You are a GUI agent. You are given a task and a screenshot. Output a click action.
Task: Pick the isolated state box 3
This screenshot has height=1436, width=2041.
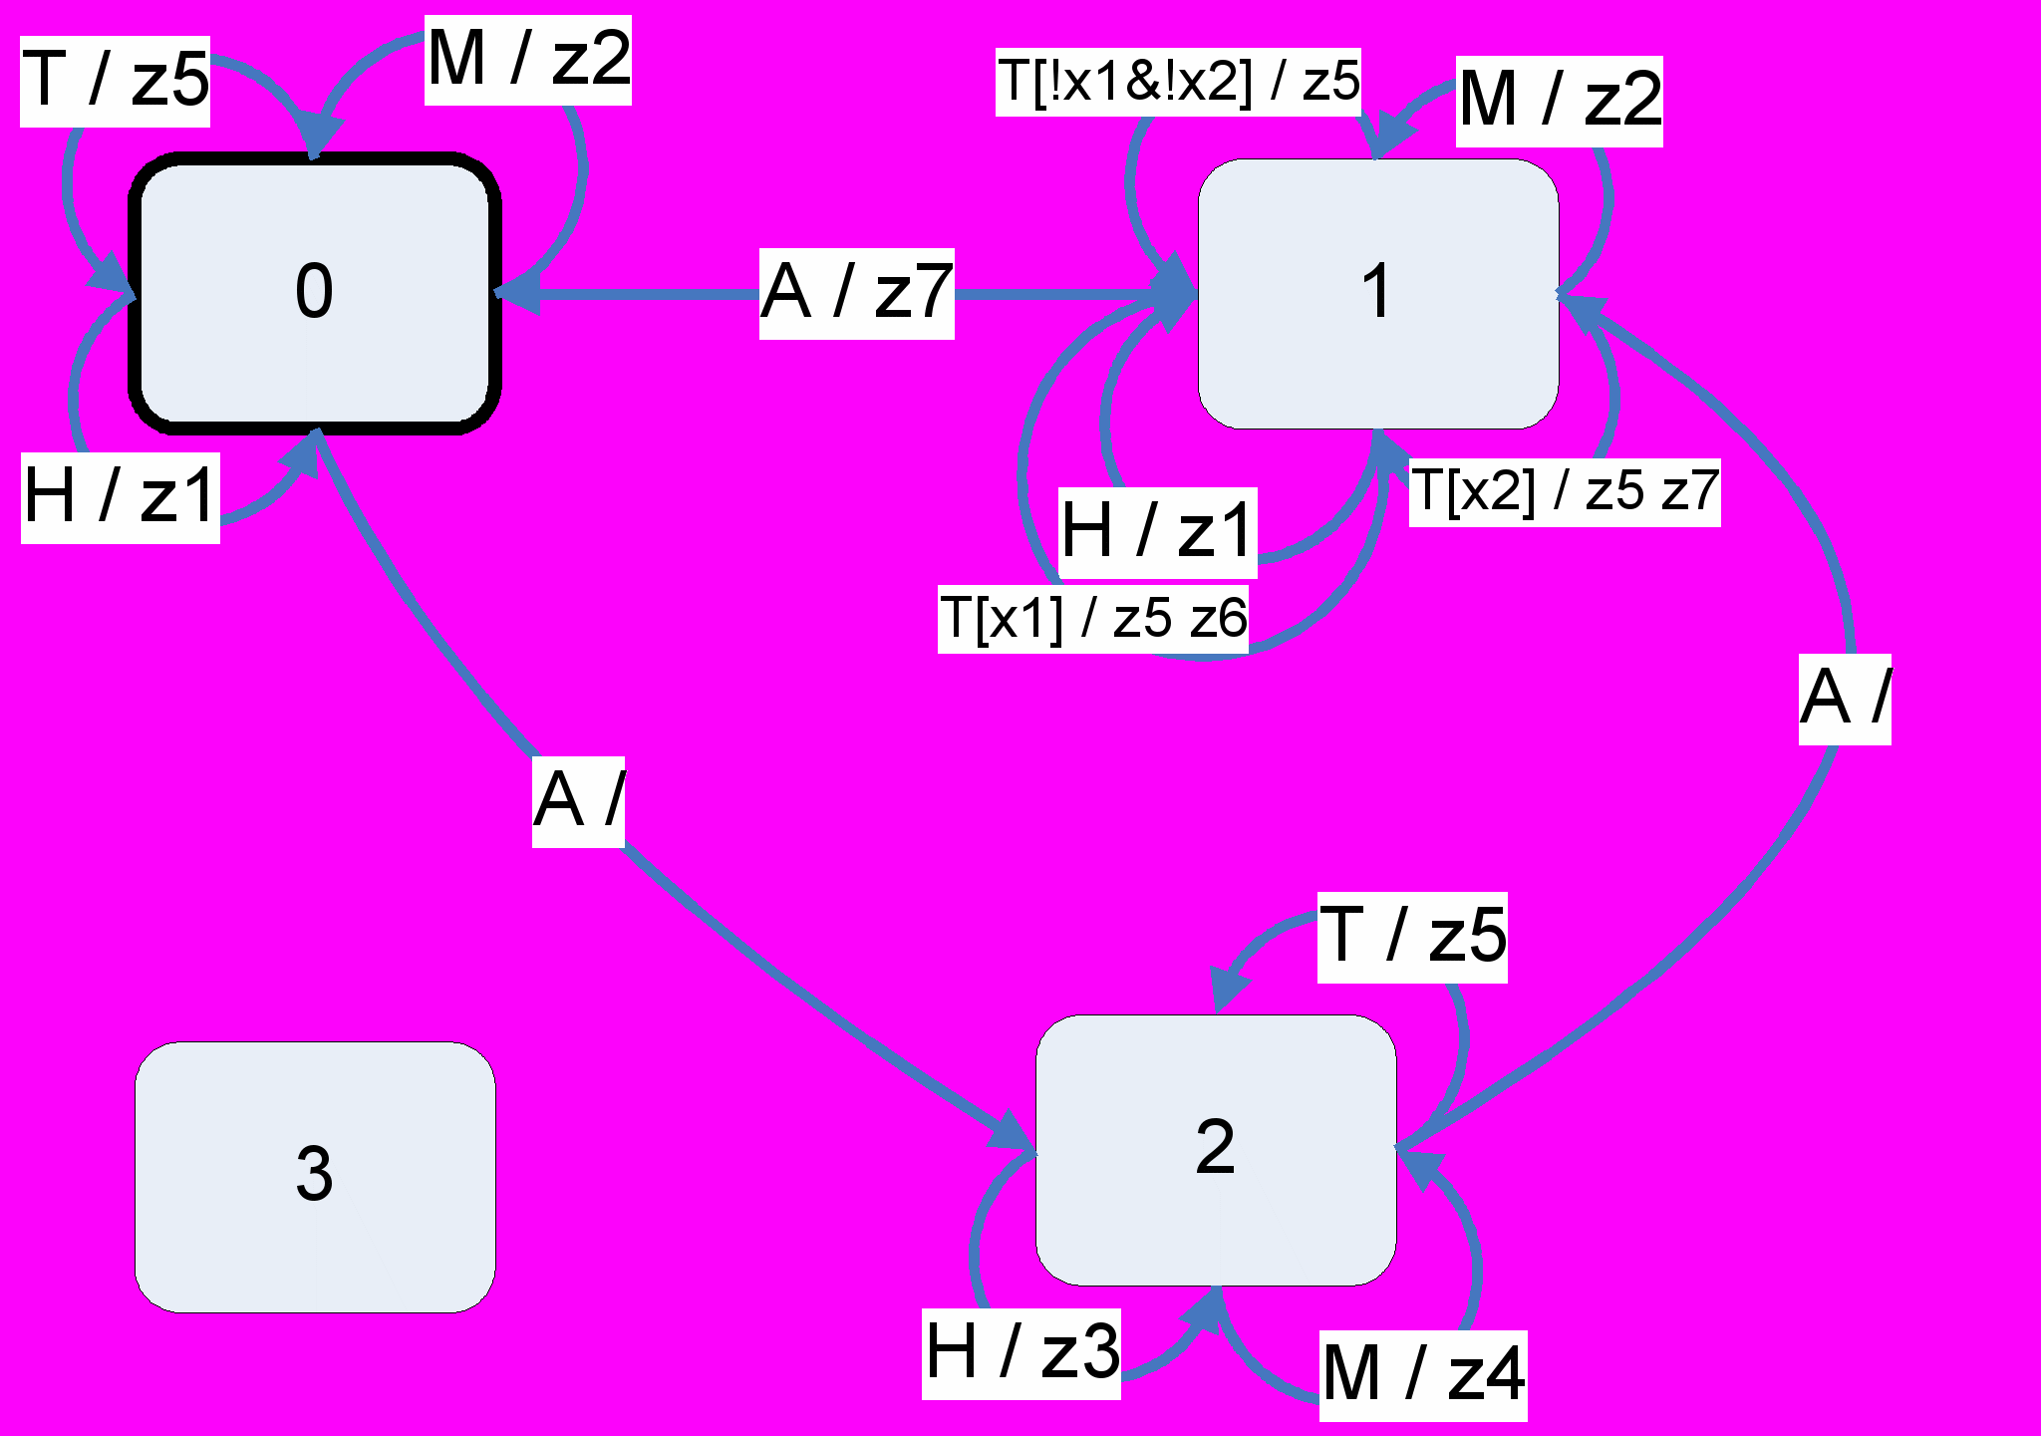pos(314,1176)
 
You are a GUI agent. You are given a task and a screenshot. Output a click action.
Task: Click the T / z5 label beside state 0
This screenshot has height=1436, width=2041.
pos(116,82)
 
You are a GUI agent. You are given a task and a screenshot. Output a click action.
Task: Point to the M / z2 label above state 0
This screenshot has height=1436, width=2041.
pos(528,60)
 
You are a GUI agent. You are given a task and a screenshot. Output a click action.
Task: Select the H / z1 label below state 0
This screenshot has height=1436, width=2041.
pos(121,497)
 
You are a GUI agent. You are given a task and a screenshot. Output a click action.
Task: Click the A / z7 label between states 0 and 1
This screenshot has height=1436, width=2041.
pos(857,294)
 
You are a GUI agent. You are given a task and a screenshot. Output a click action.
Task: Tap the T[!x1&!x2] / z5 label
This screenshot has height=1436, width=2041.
pos(1178,83)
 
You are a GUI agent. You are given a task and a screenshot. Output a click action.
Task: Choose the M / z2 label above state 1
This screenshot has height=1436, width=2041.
pos(1560,102)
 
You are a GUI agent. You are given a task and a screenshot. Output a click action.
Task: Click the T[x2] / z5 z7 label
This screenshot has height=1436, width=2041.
pos(1565,492)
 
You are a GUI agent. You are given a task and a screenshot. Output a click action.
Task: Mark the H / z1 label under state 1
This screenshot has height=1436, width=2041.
pos(1157,532)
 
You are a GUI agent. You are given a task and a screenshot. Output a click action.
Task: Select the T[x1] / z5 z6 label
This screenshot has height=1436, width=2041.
pos(1093,619)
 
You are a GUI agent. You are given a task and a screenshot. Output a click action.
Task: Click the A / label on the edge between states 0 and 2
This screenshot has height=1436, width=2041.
pos(578,801)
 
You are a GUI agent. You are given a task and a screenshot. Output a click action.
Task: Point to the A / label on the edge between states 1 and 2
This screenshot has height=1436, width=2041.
pos(1845,699)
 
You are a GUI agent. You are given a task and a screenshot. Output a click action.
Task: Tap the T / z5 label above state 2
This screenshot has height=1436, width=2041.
pos(1412,937)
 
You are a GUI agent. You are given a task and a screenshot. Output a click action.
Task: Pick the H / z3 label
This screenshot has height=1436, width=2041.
pos(1021,1353)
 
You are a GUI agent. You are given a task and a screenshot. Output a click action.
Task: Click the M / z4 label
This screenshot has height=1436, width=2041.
pos(1423,1375)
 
